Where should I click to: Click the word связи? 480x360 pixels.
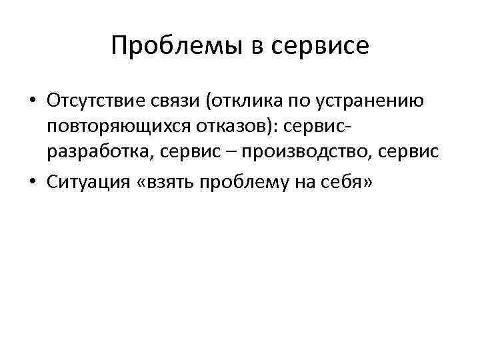(173, 102)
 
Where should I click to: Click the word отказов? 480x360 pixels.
(233, 127)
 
